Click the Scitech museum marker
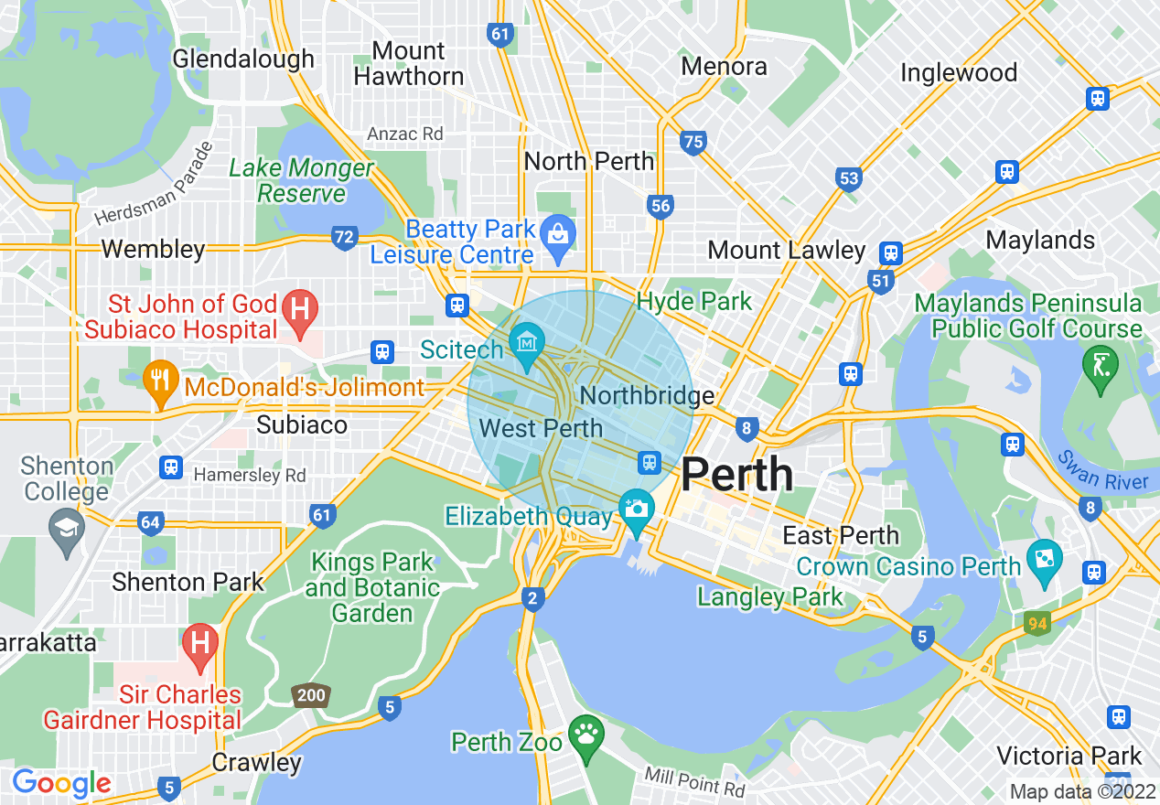(x=527, y=342)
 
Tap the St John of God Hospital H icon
(x=298, y=306)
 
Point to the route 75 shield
(x=693, y=142)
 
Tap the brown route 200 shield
(x=311, y=695)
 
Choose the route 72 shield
(x=344, y=238)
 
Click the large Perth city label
(x=737, y=474)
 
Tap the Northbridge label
(x=648, y=395)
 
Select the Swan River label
(x=1101, y=469)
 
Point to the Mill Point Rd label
(x=694, y=781)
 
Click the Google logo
(x=61, y=783)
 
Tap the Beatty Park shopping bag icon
(x=556, y=233)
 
